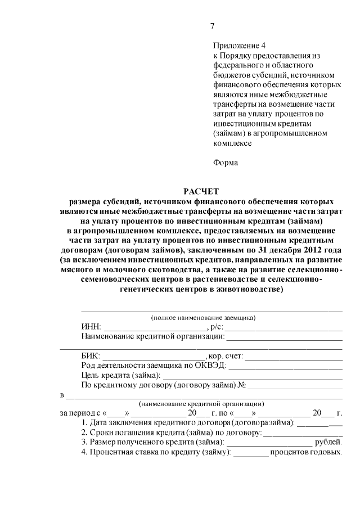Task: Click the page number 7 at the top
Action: (x=213, y=25)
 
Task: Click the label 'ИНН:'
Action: (x=91, y=327)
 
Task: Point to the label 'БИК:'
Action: (x=91, y=356)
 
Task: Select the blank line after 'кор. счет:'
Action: (x=294, y=357)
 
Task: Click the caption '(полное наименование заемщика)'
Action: (x=203, y=318)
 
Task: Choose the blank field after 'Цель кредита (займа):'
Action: (x=253, y=376)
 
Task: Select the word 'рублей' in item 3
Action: (x=328, y=442)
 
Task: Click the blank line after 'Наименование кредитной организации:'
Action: (x=284, y=338)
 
